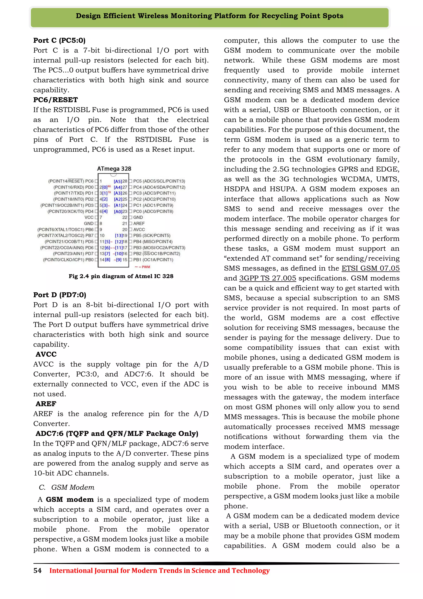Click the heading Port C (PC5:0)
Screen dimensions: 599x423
coord(59,41)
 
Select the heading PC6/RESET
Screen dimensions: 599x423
coord(56,100)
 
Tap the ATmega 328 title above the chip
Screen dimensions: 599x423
coord(114,169)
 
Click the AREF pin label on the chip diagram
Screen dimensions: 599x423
coord(139,224)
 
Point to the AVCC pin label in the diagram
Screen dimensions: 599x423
coord(139,230)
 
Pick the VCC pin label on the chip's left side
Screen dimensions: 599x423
coord(89,217)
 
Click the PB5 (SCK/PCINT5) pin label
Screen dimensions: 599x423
coord(152,236)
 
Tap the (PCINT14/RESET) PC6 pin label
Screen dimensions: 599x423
coord(71,181)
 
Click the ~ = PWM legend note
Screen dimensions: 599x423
coord(143,267)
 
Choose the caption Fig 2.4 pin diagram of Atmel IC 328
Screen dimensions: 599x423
coord(121,276)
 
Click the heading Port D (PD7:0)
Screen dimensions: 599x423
coord(60,295)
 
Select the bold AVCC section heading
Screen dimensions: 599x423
coord(46,354)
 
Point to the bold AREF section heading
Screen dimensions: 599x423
coord(46,404)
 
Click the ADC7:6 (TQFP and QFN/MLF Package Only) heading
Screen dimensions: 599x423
coord(117,434)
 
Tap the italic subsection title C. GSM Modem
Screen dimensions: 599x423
coord(67,487)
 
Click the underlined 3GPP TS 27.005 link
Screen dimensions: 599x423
coord(267,278)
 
